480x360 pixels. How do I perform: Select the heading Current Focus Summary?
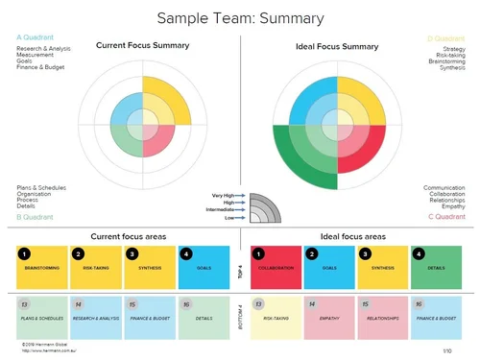coord(142,45)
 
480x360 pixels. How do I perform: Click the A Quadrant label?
coord(36,37)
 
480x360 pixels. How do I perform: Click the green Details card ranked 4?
coord(435,268)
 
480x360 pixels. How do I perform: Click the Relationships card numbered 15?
coord(382,317)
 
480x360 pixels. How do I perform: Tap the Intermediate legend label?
coord(223,208)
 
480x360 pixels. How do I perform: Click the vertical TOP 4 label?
coord(240,268)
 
